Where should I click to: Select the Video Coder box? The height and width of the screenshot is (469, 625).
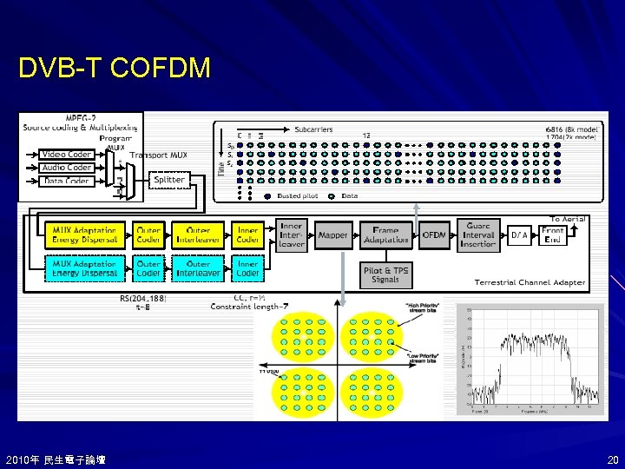pos(67,155)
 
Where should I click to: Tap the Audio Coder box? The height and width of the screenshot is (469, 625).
pos(67,168)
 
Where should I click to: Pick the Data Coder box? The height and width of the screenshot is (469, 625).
pos(67,181)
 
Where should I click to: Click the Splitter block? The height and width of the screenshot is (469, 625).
pos(169,180)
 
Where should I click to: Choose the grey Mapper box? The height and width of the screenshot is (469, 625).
pos(332,234)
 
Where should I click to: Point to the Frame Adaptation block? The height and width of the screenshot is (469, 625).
pos(386,234)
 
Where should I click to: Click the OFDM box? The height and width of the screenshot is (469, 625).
pos(434,234)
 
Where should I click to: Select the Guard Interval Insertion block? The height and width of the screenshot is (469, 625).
pos(478,234)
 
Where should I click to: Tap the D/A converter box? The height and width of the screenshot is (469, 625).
pos(519,234)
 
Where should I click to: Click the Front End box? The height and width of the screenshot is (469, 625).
pos(553,234)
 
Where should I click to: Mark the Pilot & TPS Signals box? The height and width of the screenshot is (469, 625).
pos(385,275)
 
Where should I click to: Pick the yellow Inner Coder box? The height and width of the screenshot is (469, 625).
pos(248,234)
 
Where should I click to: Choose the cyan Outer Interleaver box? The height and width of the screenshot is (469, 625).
pos(198,268)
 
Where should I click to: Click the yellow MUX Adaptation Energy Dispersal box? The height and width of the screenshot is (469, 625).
pos(84,234)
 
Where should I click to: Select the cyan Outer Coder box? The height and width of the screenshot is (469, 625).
pos(148,268)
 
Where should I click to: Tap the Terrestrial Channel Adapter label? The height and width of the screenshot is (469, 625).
pos(530,282)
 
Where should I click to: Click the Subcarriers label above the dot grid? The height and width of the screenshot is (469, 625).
pos(313,129)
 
